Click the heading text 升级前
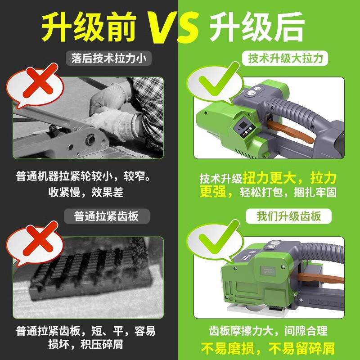(88, 26)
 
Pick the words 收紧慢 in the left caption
(64, 192)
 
